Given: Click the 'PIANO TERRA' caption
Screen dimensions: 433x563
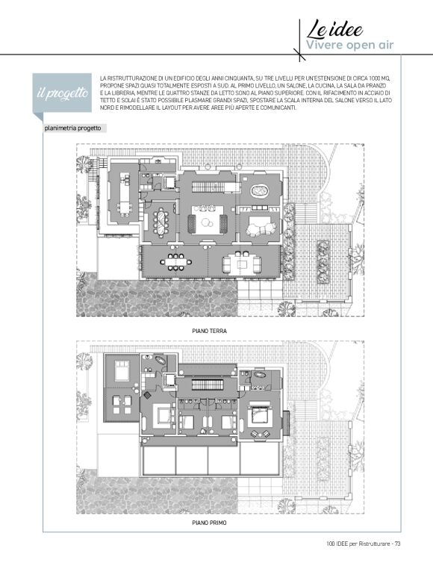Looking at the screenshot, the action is point(209,331).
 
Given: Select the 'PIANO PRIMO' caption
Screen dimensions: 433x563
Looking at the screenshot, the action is point(209,523).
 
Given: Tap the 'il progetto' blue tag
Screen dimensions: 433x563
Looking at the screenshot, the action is point(62,93).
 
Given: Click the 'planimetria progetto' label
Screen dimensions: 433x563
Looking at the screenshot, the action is point(72,128).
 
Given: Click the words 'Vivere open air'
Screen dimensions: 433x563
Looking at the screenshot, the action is point(349,45).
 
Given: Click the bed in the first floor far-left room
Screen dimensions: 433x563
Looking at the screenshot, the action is point(122,371).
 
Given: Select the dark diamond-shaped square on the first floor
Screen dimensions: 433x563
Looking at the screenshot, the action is point(147,395).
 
